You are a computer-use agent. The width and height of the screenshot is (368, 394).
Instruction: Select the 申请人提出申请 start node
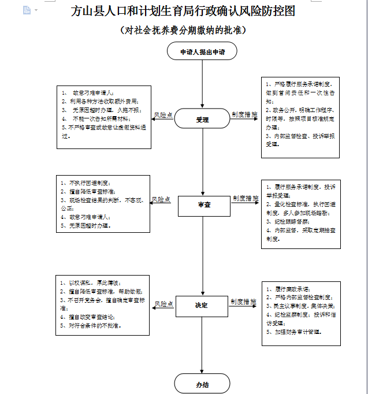coord(202,52)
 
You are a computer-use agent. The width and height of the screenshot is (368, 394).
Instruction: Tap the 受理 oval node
coord(202,120)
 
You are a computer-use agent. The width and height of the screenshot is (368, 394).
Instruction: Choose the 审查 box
coord(203,205)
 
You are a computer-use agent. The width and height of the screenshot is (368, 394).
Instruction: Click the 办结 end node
coord(202,383)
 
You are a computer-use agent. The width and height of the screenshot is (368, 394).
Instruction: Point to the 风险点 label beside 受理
coord(163,115)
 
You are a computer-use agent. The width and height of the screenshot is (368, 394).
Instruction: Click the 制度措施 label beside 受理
coord(244,115)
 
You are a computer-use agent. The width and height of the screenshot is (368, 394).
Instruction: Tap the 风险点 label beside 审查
coord(161,199)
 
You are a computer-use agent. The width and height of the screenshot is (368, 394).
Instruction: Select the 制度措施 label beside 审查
coord(246,198)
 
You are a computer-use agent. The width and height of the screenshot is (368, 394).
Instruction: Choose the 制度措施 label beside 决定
coord(243,302)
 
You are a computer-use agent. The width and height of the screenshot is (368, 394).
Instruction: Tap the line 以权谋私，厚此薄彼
coord(90,283)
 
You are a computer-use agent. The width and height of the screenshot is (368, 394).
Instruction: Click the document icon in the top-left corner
coord(26,10)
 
